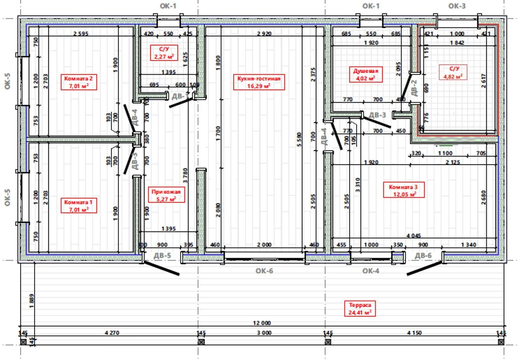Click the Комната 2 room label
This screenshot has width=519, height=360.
pos(79,82)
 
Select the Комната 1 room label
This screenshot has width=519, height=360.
pos(79,206)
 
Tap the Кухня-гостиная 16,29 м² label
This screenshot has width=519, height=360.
pos(259,82)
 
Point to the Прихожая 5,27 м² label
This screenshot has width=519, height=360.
pos(166,195)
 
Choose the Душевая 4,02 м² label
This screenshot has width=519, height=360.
pos(366,75)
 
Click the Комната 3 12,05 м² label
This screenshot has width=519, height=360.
pos(403,191)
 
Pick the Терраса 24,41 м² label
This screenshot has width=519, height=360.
pos(360,309)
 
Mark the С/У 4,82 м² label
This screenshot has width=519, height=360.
pos(454,73)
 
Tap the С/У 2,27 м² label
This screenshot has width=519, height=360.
pos(164,53)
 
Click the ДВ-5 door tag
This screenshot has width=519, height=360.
pos(162,256)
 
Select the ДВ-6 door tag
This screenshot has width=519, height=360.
pos(423,256)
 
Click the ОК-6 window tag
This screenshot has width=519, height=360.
pos(264,271)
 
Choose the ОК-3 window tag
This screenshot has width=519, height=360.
pos(457,6)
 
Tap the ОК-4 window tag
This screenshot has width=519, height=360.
pos(371,271)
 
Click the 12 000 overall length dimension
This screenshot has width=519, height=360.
pos(262,323)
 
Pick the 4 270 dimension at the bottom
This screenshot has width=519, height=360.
pos(112,333)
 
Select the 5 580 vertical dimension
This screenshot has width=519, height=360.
pos(299,140)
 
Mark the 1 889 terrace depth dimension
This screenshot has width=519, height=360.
pos(31,301)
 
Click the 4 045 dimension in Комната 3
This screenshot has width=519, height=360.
pos(413,236)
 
